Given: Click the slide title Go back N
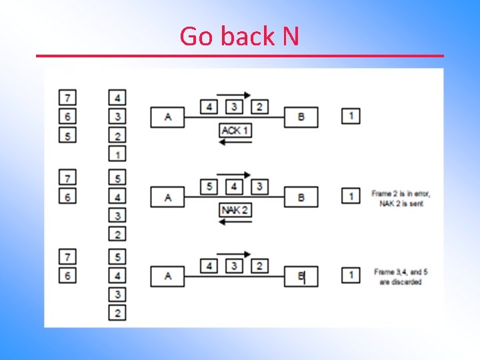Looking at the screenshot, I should coord(239,36).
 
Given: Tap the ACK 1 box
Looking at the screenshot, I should coord(235,131).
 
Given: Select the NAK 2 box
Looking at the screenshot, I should coord(235,210).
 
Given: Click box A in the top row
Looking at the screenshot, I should coord(167,117).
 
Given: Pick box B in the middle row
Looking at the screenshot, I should coord(301,197).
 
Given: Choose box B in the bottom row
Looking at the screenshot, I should coord(301,276).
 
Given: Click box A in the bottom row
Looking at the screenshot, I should coord(167,276).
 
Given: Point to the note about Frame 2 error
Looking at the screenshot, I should coord(401,198).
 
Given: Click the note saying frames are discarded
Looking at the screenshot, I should coord(397,277).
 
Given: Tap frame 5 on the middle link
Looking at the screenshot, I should coord(210,186).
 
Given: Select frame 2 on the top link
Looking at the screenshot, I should coord(259,107).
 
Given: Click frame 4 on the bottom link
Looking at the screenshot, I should coord(210,266).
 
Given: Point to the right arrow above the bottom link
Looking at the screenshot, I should coord(234,255).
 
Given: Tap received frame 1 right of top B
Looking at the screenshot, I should coord(351,116).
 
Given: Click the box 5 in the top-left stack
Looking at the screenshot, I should coord(67,135).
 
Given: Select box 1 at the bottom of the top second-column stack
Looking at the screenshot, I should coord(117,155).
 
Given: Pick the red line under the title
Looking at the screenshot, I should coord(239,55).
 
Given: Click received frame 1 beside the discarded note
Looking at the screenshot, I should coord(351,275).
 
